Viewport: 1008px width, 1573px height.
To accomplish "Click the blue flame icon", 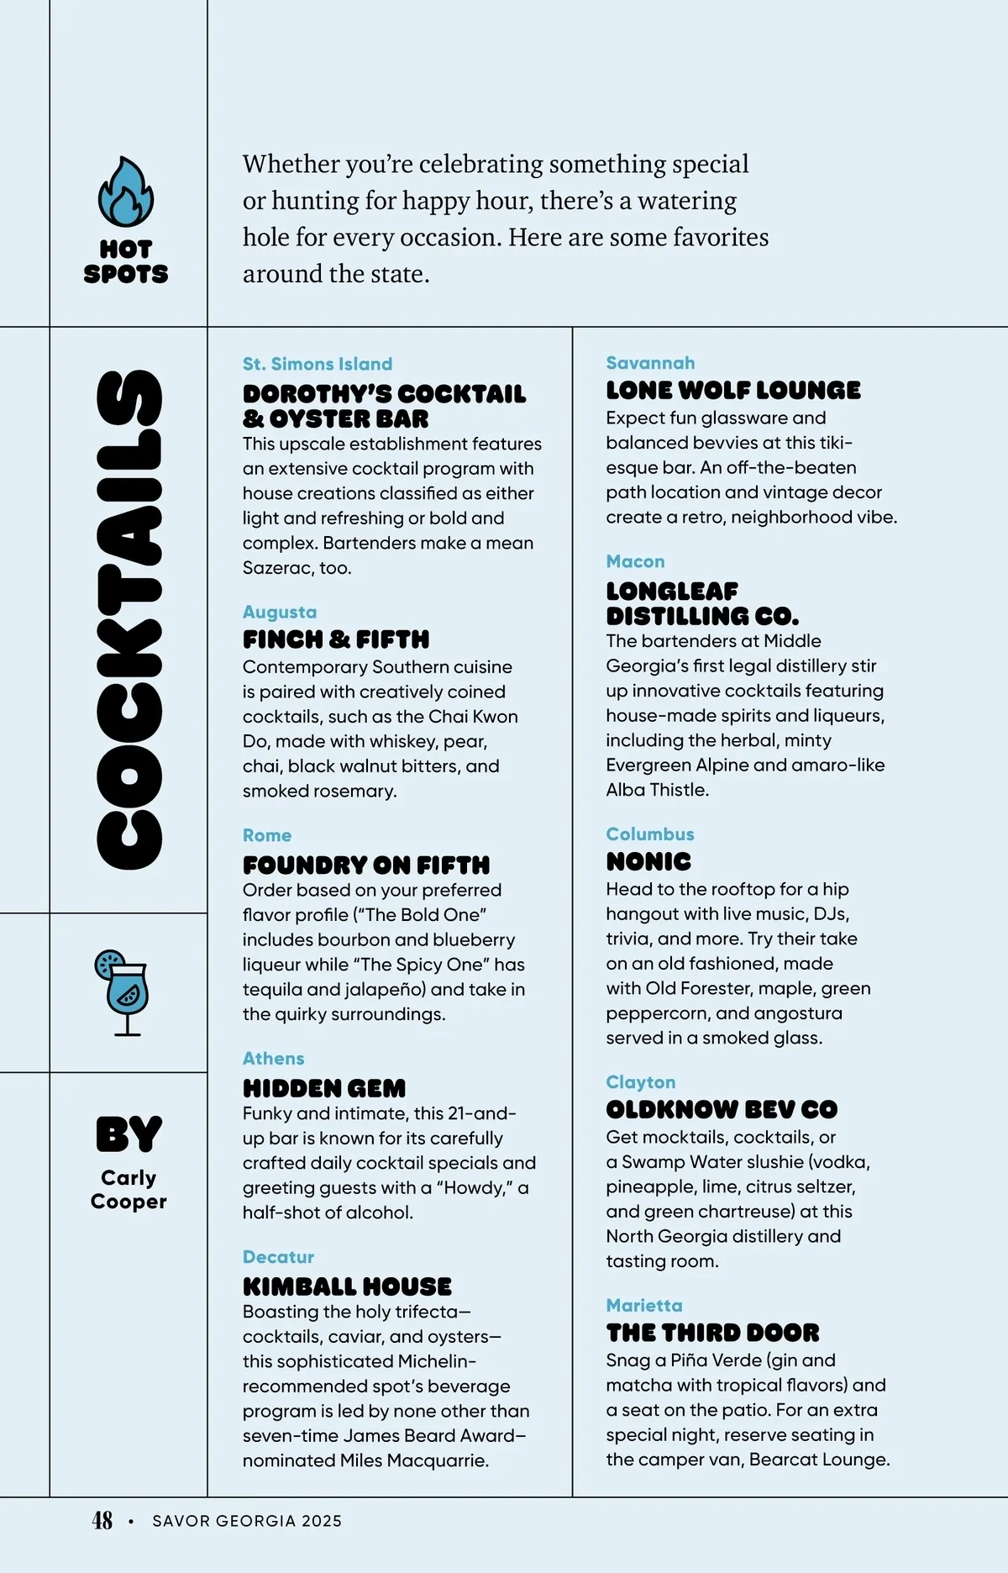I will click(x=126, y=192).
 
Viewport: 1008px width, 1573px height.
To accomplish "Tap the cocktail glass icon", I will click(x=123, y=992).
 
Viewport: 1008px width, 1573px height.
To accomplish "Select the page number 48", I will click(x=102, y=1520).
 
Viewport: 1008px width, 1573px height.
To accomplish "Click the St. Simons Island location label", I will click(x=318, y=364).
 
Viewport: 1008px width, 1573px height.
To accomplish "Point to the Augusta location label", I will click(x=280, y=612).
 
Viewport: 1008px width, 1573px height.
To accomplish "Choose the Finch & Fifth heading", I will click(x=336, y=639).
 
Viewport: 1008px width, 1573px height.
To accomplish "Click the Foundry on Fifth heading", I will click(x=366, y=865).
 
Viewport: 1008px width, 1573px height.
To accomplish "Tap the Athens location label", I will click(x=273, y=1058).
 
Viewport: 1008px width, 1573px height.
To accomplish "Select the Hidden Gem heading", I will click(x=324, y=1088).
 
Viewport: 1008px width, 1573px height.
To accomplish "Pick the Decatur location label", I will click(x=278, y=1256).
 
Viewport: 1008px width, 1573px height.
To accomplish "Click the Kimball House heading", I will click(x=347, y=1286).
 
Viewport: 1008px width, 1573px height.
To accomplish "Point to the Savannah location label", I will click(x=650, y=363).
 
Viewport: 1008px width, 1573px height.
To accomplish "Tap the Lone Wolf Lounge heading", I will click(x=733, y=390).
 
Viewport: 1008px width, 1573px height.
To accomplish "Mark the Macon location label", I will click(x=635, y=561).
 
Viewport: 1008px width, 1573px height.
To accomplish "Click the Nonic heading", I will click(x=648, y=861).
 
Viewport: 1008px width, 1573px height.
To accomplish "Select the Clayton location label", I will click(x=641, y=1082).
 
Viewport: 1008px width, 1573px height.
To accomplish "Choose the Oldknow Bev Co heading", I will click(x=722, y=1109).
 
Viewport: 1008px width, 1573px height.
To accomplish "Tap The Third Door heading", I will click(x=712, y=1333).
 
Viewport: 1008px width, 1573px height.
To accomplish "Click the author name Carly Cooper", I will click(x=129, y=1189).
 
